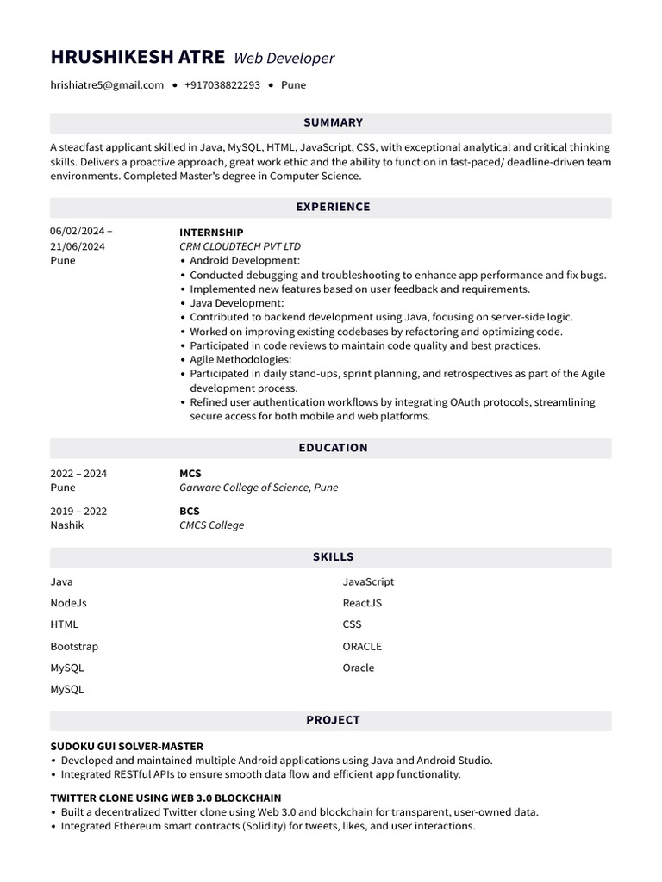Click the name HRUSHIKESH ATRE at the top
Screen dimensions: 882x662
[137, 58]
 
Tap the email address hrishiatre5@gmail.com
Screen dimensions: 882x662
[107, 85]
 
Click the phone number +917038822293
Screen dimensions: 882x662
[222, 85]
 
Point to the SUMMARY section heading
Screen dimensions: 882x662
[333, 122]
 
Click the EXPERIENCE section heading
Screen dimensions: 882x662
[333, 207]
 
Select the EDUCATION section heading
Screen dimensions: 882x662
[333, 448]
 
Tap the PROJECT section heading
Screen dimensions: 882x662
[333, 720]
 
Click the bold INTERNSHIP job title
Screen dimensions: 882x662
[211, 233]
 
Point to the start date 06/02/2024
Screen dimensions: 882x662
[78, 232]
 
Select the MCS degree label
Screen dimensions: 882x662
[190, 474]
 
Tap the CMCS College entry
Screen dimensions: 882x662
[211, 525]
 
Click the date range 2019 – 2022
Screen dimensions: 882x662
[78, 512]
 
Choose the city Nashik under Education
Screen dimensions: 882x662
[67, 525]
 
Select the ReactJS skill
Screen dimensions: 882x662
[362, 603]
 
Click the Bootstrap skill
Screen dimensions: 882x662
[74, 646]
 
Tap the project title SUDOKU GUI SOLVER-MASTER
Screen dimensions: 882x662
[127, 746]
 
